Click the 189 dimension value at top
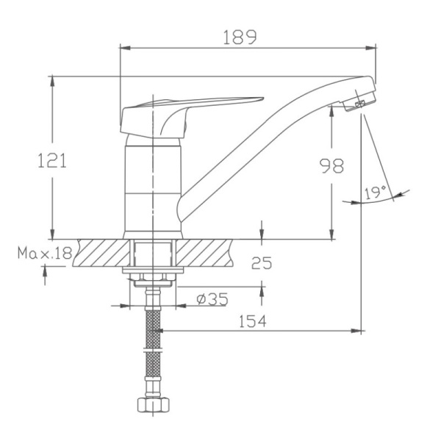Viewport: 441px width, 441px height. pyautogui.click(x=241, y=38)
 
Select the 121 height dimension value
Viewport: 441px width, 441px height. pyautogui.click(x=52, y=160)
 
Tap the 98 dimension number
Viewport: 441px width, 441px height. pyautogui.click(x=331, y=166)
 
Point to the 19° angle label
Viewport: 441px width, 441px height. pyautogui.click(x=375, y=193)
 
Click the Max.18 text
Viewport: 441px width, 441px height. pyautogui.click(x=45, y=254)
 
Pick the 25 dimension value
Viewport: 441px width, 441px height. pyautogui.click(x=262, y=262)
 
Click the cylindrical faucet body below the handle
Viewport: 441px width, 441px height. pyautogui.click(x=152, y=184)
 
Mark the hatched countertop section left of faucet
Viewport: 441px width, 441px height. pyautogui.click(x=99, y=254)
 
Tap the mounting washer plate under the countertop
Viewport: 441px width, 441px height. pyautogui.click(x=152, y=275)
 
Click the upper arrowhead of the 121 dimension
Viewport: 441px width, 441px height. pyautogui.click(x=53, y=80)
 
